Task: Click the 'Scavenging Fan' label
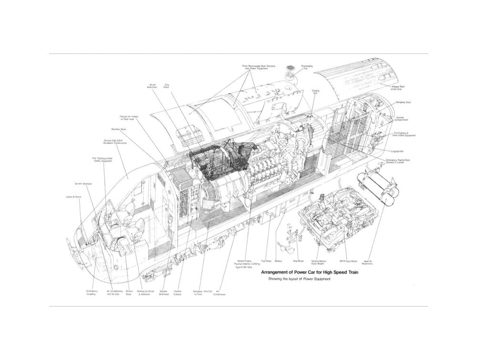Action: pyautogui.click(x=307, y=67)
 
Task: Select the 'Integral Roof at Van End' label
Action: pyautogui.click(x=398, y=87)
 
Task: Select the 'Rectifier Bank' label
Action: pyautogui.click(x=118, y=129)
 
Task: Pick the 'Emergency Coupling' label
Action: pyautogui.click(x=92, y=292)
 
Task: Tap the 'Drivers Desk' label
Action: pyautogui.click(x=129, y=292)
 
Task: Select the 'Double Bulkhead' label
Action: pyautogui.click(x=164, y=292)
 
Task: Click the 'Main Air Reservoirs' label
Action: pyautogui.click(x=368, y=262)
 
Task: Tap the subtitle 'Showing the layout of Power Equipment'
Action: pyautogui.click(x=299, y=279)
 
